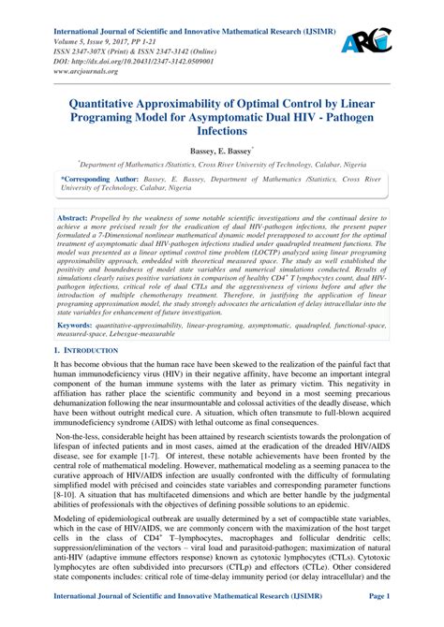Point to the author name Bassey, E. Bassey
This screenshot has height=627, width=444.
tap(221, 149)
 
